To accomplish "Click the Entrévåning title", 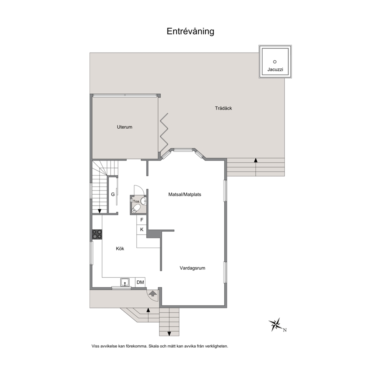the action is (190, 31).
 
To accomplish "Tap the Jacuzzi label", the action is (275, 70).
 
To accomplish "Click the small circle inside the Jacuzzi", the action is (275, 62).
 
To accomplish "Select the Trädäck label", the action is (223, 108).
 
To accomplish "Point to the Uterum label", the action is (124, 127).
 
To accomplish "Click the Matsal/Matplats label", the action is (185, 194).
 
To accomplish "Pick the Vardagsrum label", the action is (192, 268).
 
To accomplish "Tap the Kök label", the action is (120, 248).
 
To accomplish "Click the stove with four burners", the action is (97, 234).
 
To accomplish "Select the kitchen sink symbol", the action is (125, 282).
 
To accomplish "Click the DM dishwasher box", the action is (140, 282).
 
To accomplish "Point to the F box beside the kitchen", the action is (142, 220).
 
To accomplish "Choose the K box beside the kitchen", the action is (142, 230).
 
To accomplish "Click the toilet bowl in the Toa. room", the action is (136, 209).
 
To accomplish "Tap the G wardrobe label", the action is (113, 194).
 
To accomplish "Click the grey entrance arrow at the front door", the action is (152, 293).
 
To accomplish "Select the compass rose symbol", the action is (276, 325).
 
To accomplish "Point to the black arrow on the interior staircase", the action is (99, 211).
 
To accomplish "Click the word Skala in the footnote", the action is (154, 346).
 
